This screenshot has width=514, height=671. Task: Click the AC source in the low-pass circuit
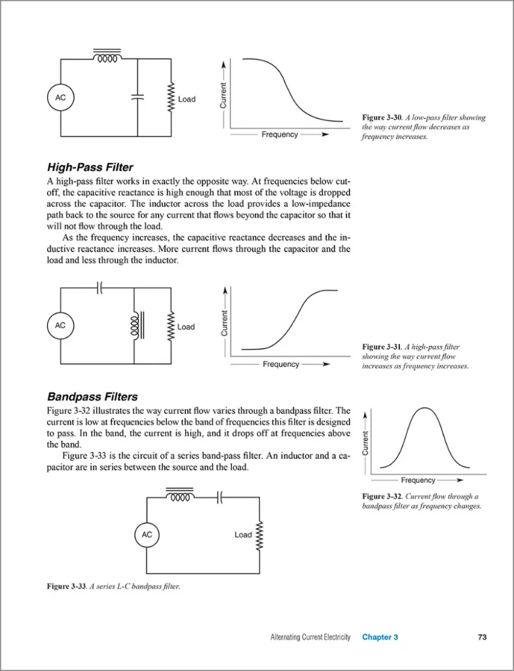(x=60, y=98)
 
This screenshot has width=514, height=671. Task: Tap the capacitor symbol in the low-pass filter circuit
(x=138, y=96)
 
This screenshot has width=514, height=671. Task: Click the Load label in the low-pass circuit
(x=187, y=100)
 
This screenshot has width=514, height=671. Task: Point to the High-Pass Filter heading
(x=90, y=167)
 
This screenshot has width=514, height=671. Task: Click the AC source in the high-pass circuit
(x=60, y=326)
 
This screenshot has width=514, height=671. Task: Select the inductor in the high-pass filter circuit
(x=136, y=326)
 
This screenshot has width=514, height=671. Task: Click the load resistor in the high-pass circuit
(x=172, y=326)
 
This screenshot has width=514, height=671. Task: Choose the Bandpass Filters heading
(x=92, y=396)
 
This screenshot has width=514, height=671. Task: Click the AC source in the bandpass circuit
(x=147, y=535)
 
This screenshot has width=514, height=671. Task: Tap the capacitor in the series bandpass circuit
(x=221, y=497)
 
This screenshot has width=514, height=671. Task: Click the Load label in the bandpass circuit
(x=243, y=535)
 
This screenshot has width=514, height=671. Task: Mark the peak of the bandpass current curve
(x=425, y=408)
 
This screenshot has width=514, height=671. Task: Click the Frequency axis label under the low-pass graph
(x=280, y=134)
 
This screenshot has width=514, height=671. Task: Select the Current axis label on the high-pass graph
(x=224, y=323)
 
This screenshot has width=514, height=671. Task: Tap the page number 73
(x=482, y=637)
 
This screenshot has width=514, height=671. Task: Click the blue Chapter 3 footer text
(x=380, y=637)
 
